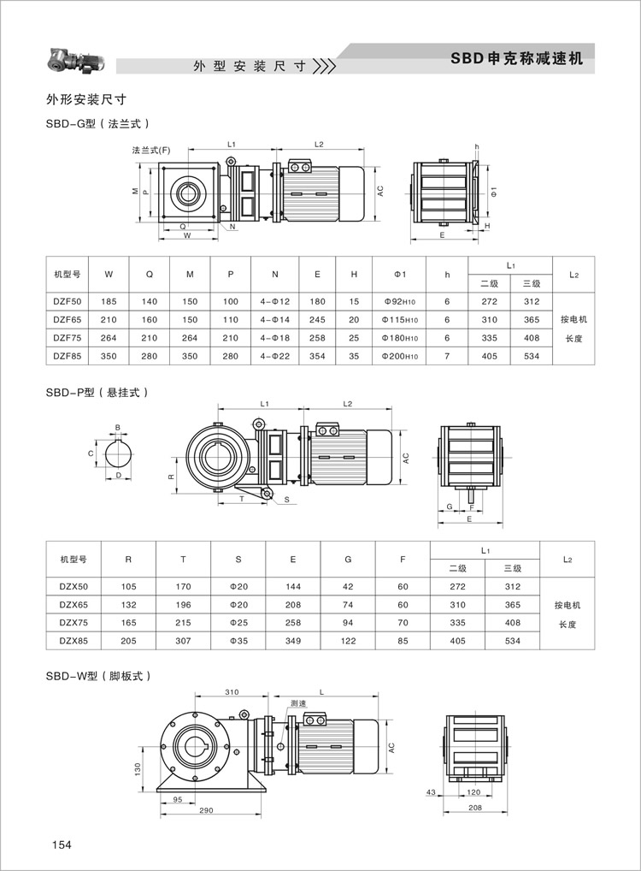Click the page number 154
point(62,844)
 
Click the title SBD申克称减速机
point(517,58)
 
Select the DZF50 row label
point(68,302)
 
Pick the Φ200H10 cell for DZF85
point(400,356)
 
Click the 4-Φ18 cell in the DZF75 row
point(274,338)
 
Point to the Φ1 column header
point(400,275)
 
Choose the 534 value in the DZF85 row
point(532,356)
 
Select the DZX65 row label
point(74,604)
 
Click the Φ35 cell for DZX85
point(238,641)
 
